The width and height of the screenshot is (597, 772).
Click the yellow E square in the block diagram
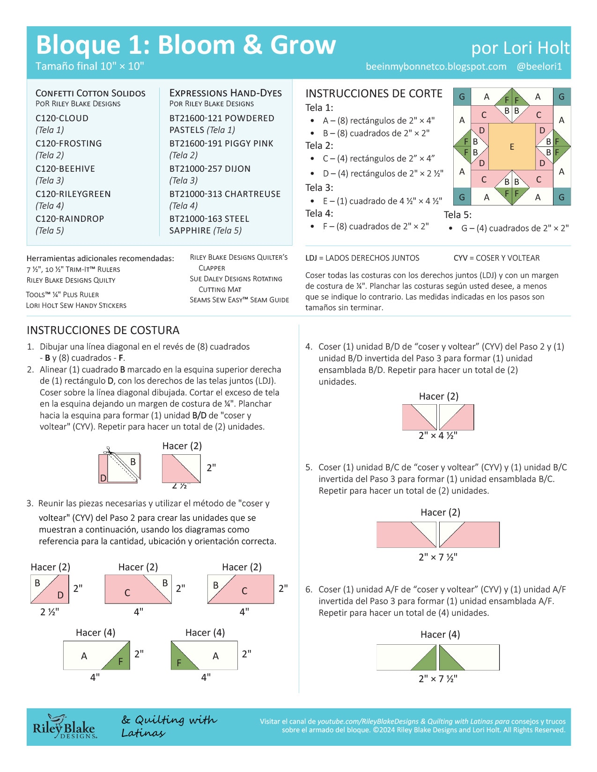point(511,146)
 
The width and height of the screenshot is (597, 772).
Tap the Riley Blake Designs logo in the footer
point(64,727)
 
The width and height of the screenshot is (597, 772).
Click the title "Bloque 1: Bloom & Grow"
point(186,45)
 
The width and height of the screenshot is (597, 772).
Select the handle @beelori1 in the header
point(539,66)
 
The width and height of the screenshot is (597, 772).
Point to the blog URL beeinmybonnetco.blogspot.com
point(436,66)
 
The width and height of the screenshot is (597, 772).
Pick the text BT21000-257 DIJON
point(210,168)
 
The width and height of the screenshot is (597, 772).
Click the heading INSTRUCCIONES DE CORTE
point(374,94)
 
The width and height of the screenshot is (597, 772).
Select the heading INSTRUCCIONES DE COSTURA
point(103,330)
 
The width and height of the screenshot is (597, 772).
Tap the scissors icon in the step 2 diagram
point(109,450)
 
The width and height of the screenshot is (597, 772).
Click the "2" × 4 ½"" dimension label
point(438,436)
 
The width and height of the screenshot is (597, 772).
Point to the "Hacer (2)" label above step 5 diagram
point(440,512)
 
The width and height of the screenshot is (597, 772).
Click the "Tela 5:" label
point(457,215)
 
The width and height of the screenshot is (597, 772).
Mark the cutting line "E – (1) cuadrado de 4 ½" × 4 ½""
point(382,201)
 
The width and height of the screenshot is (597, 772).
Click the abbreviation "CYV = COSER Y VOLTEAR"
point(496,258)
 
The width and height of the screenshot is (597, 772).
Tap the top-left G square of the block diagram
point(462,97)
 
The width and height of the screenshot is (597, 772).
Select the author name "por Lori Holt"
point(520,48)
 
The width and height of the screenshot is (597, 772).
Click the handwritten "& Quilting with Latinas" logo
point(169,726)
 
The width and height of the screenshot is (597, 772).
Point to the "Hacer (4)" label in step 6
point(440,634)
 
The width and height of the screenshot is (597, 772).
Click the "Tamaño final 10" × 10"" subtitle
point(90,66)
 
